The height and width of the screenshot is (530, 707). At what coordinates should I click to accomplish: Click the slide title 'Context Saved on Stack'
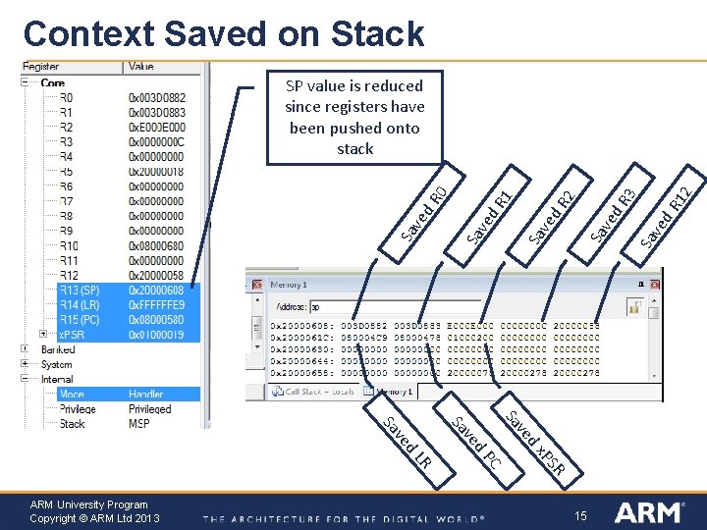pos(224,33)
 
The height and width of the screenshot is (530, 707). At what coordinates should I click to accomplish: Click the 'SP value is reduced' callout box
pos(354,117)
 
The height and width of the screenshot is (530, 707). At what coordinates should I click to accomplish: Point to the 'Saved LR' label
pos(407,442)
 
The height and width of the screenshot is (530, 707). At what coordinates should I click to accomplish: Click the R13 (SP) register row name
pos(80,291)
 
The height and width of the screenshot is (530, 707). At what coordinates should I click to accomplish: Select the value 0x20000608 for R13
pos(156,291)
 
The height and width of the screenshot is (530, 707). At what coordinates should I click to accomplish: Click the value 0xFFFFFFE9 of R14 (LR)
pos(156,305)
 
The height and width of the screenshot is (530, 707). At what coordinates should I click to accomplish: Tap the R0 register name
pos(66,97)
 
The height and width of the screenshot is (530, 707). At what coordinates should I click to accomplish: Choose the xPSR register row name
pos(74,335)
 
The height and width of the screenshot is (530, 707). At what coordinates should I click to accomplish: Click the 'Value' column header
pos(140,67)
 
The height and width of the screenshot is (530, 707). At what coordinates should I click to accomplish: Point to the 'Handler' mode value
pos(146,395)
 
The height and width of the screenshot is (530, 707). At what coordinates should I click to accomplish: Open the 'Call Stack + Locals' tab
pos(319,391)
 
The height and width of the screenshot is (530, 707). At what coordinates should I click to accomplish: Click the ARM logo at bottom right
pos(649,511)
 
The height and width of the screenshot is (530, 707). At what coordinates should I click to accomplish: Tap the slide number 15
pos(580,515)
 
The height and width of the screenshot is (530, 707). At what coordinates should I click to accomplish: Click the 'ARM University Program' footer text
pos(89,504)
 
